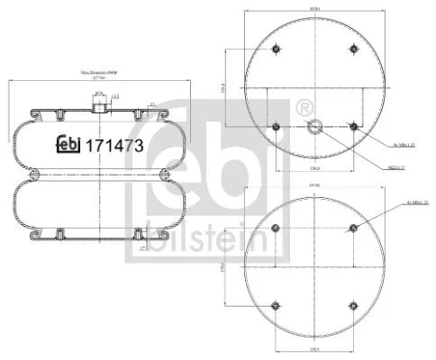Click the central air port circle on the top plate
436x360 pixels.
(x=315, y=127)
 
